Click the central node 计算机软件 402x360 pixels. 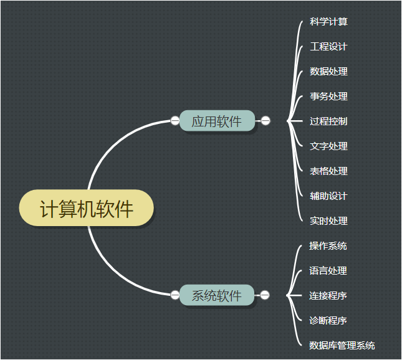point(87,209)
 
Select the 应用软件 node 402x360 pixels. point(217,121)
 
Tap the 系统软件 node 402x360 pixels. point(217,295)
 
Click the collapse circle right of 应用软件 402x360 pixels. point(266,121)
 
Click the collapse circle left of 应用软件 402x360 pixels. point(175,121)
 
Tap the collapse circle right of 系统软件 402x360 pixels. point(265,295)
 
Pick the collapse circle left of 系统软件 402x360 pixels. point(175,295)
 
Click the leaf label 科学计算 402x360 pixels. point(328,22)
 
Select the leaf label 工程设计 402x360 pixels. point(328,47)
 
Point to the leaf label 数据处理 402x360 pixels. point(328,72)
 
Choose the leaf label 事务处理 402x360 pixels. point(328,97)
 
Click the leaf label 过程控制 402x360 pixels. point(328,121)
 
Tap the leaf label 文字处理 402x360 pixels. point(328,146)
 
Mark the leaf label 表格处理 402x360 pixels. point(328,171)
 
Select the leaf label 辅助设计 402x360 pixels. point(328,196)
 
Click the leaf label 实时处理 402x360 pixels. point(328,221)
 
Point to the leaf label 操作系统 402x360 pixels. point(328,246)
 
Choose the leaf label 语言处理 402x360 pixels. point(328,271)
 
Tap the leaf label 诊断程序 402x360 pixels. point(328,321)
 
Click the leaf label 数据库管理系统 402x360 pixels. point(342,346)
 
